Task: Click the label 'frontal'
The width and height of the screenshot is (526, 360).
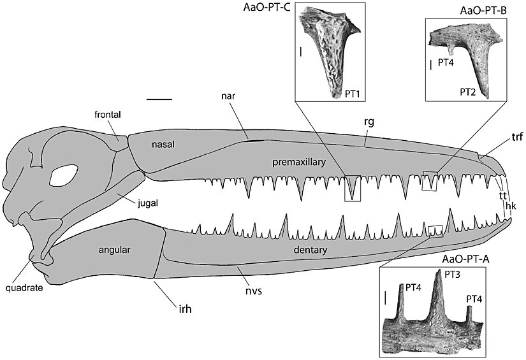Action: click(x=106, y=114)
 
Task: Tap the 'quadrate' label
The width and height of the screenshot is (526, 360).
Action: click(x=24, y=287)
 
